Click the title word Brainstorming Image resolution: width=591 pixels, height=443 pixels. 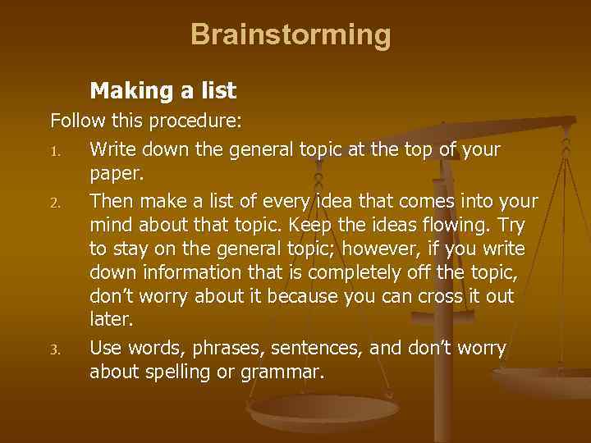pos(291,34)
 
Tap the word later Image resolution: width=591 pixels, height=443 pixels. pos(108,320)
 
